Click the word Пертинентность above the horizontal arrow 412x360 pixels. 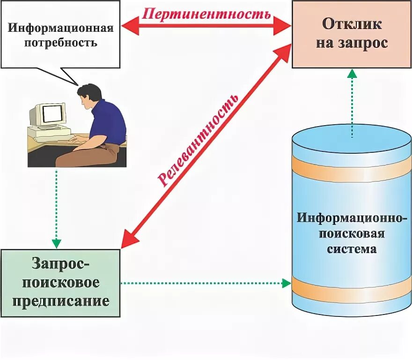coord(206,13)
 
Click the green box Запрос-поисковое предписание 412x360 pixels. coord(60,283)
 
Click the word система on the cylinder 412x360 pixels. coord(352,248)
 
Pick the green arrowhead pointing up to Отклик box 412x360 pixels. coord(352,74)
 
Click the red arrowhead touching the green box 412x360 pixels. coord(129,239)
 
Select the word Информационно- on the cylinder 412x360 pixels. coord(351,218)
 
